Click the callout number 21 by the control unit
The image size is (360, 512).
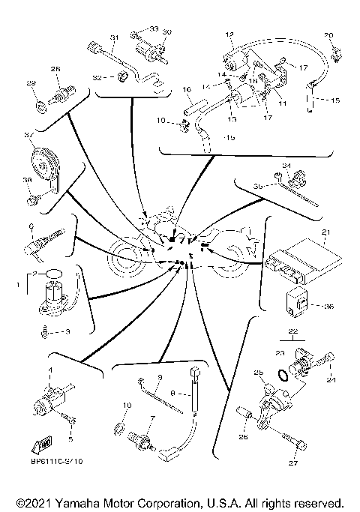coord(325,232)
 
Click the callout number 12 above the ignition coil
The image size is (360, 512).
coord(229,34)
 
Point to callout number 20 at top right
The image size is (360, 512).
coord(328,35)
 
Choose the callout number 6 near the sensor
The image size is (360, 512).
coord(31,225)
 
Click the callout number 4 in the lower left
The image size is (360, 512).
coord(50,371)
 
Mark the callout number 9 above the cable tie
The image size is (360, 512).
coord(160,376)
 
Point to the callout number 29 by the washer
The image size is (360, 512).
coord(31,82)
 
